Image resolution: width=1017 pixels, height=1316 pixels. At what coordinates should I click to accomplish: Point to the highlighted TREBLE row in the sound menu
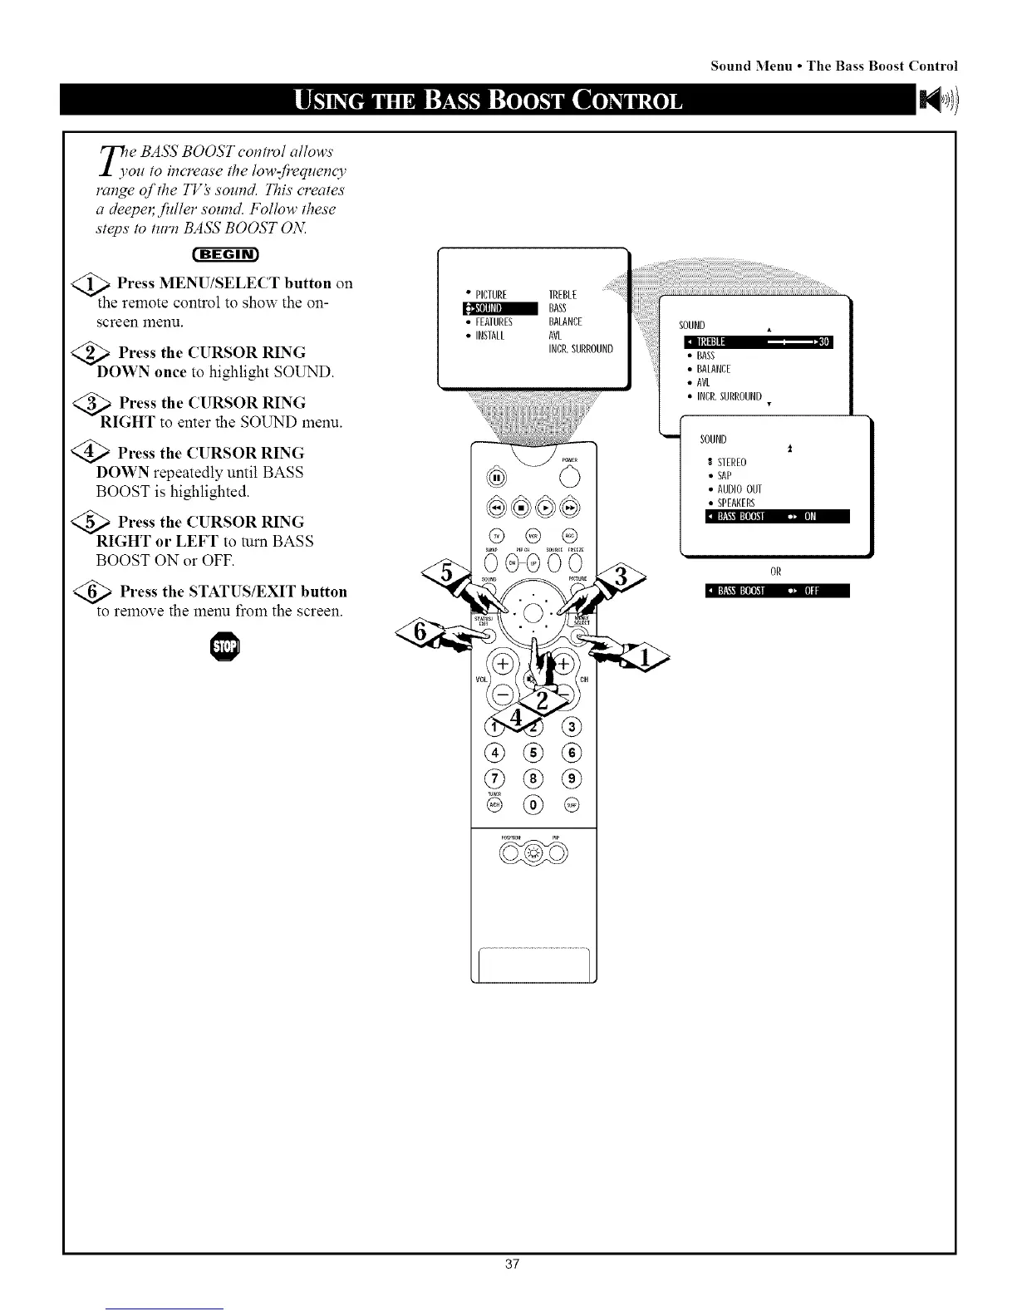(757, 342)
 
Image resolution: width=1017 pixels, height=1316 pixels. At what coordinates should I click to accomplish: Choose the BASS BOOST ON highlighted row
(776, 517)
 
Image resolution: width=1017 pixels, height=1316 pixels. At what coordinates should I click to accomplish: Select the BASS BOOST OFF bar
(776, 592)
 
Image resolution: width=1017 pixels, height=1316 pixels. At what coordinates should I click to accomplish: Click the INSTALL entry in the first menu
(487, 336)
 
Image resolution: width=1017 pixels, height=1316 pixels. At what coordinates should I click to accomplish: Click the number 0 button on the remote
(533, 804)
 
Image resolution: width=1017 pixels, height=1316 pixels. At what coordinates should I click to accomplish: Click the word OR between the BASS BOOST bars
(776, 572)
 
